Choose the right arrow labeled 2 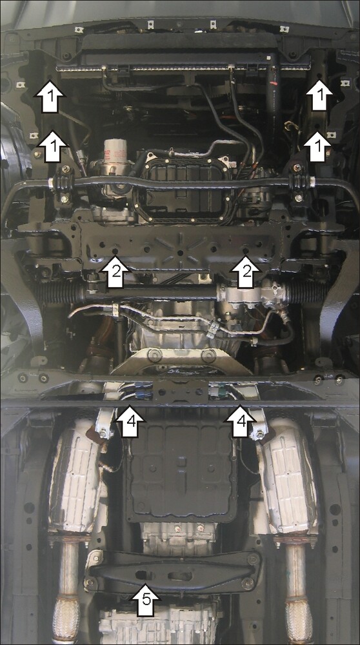[x=246, y=272]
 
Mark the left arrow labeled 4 [x=130, y=421]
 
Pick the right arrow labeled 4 [x=240, y=421]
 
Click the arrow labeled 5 [x=146, y=600]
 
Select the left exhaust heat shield [x=77, y=477]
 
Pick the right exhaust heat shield [x=288, y=477]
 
